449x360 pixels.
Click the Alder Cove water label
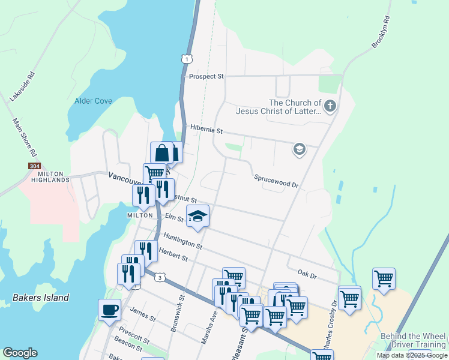(93, 101)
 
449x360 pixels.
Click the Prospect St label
(206, 77)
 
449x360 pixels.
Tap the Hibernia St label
(206, 129)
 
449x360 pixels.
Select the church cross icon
(330, 107)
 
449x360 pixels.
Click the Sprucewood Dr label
(276, 181)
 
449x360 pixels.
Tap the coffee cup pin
(109, 310)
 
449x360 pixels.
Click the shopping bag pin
(162, 152)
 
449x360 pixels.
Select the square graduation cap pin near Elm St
(197, 216)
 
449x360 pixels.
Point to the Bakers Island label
(41, 298)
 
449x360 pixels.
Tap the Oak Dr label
(306, 274)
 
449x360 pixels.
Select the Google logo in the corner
(20, 353)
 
